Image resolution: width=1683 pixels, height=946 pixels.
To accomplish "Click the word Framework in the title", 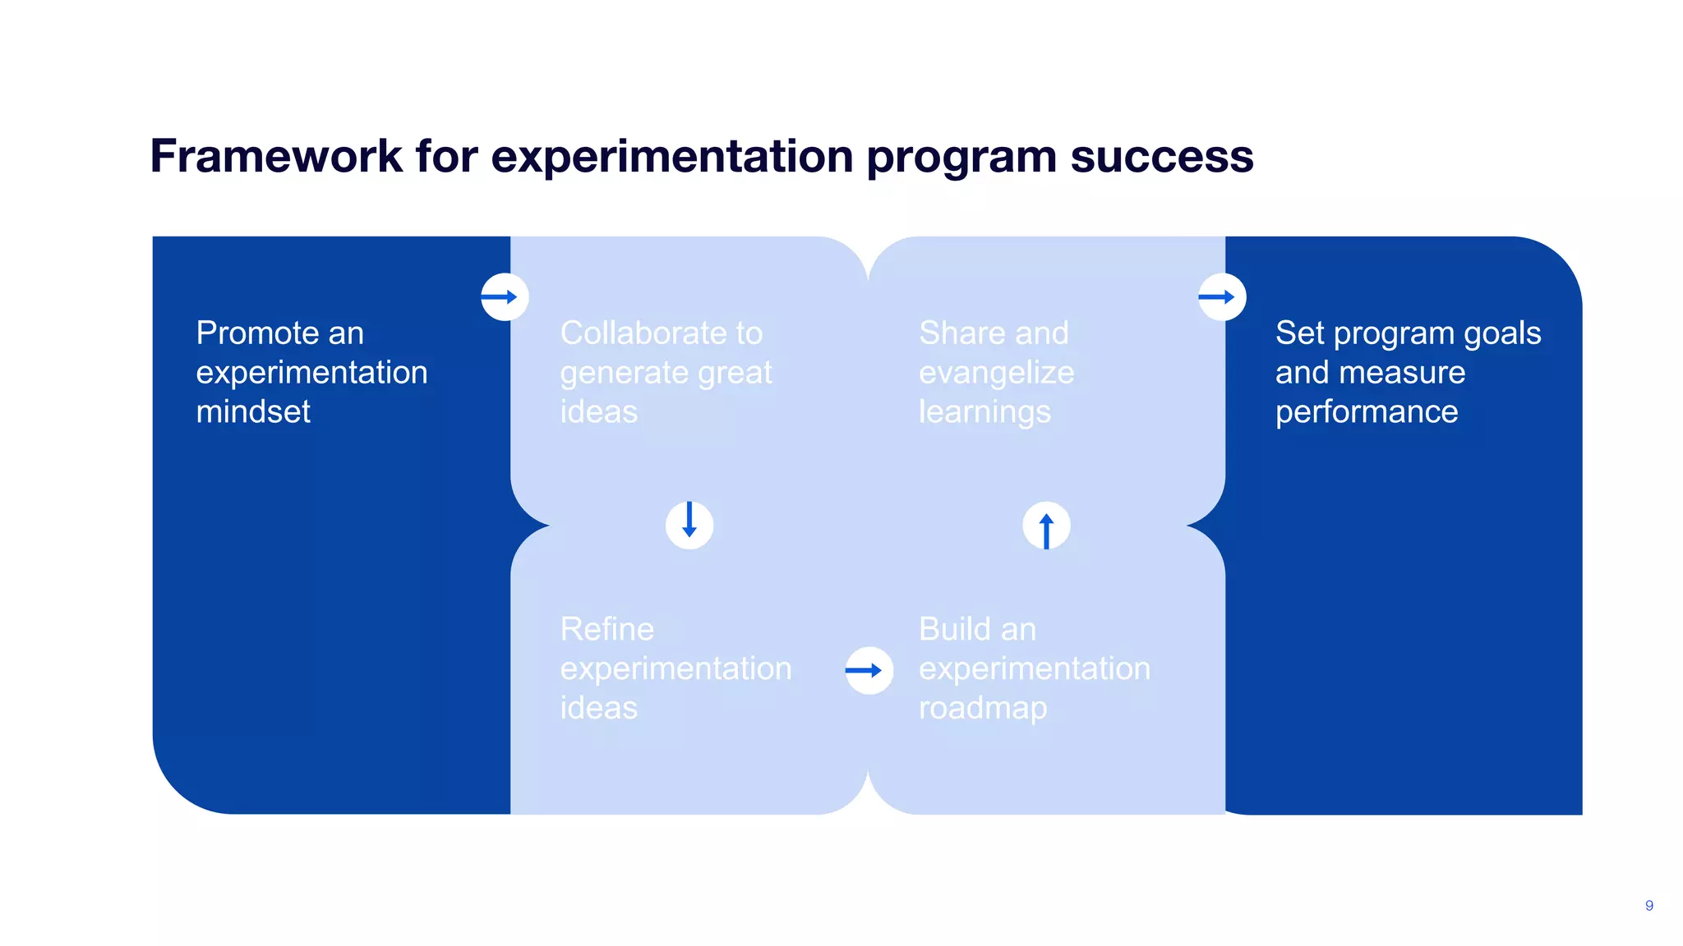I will tap(276, 156).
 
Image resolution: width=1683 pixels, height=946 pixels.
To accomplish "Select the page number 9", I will tap(1648, 905).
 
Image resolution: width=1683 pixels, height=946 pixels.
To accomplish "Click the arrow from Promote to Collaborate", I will tap(505, 296).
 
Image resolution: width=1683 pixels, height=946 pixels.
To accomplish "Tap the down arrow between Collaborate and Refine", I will tap(689, 525).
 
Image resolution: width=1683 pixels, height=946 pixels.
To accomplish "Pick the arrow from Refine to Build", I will tap(869, 670).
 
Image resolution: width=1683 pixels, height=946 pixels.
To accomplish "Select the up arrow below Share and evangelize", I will tap(1046, 526).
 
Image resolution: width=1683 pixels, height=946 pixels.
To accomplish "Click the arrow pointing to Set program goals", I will tap(1222, 296).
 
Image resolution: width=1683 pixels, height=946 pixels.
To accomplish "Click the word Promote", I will tap(256, 333).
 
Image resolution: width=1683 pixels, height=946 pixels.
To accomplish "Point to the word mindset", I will tap(253, 411).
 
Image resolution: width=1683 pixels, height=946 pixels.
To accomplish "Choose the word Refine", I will tap(606, 629).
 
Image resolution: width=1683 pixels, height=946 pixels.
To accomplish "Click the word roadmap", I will tap(982, 708).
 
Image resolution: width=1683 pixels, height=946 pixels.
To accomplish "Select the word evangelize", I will tap(996, 373).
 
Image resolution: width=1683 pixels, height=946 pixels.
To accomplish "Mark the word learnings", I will tap(984, 412).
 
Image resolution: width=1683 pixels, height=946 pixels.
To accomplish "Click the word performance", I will tap(1366, 412).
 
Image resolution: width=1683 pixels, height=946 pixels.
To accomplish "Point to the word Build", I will tap(954, 629).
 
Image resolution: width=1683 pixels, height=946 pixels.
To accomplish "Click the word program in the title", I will tap(961, 156).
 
